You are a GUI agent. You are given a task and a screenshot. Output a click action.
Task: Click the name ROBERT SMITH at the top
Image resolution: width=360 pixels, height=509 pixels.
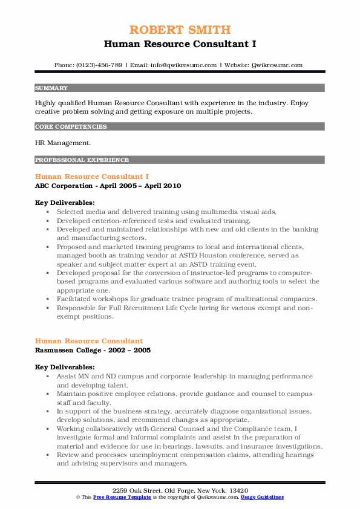(x=180, y=30)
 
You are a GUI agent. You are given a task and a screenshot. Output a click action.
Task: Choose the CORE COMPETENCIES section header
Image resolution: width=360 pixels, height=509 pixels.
(x=71, y=127)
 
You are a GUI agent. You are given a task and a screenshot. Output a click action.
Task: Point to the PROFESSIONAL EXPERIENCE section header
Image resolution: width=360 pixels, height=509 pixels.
(x=82, y=160)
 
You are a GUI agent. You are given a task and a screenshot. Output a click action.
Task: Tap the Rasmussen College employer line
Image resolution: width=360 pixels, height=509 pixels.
(x=93, y=350)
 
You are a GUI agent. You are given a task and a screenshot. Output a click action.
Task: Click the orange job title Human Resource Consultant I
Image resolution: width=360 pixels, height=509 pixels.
(x=93, y=177)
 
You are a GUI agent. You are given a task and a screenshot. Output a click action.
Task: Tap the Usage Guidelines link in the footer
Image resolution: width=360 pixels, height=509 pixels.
(x=261, y=497)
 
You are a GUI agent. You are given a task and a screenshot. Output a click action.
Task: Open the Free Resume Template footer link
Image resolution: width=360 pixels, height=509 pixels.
(x=117, y=497)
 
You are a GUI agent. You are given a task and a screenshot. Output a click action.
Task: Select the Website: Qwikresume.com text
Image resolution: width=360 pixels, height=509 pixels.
(x=264, y=65)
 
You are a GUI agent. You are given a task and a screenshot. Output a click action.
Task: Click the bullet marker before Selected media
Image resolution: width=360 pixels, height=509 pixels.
(x=47, y=212)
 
